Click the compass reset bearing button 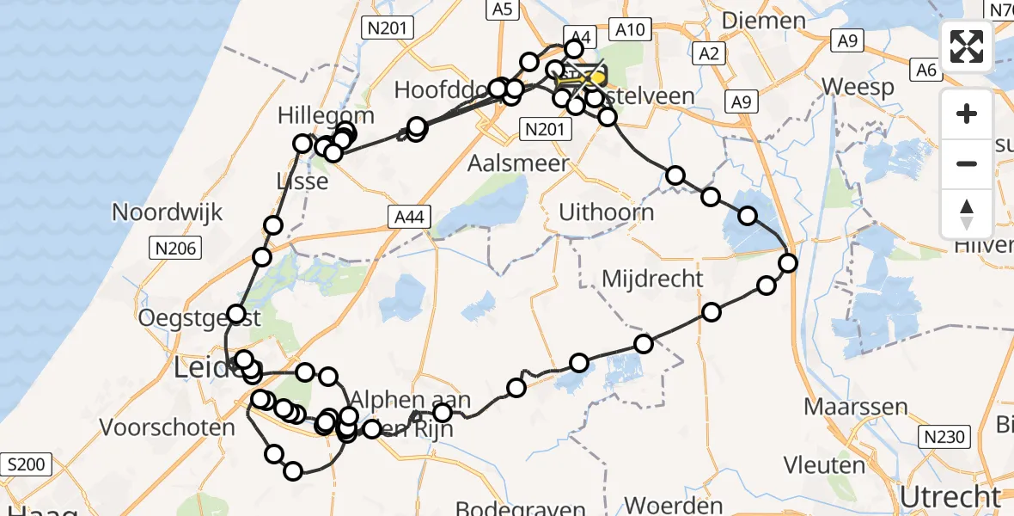click(967, 214)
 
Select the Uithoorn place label click(606, 212)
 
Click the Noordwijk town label click(168, 212)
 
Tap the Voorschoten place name click(168, 427)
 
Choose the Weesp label click(858, 87)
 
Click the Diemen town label click(764, 20)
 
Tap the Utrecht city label click(950, 497)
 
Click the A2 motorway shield click(709, 54)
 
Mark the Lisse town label click(302, 181)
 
